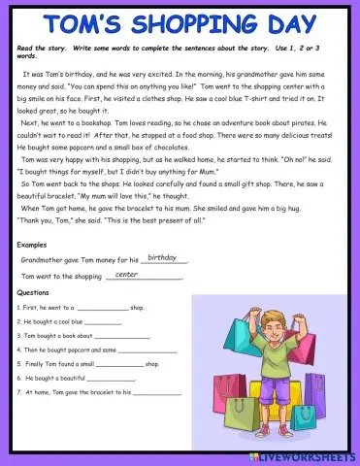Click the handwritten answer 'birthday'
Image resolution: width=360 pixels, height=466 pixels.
pyautogui.click(x=162, y=258)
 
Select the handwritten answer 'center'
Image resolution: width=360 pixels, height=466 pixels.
pyautogui.click(x=127, y=275)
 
